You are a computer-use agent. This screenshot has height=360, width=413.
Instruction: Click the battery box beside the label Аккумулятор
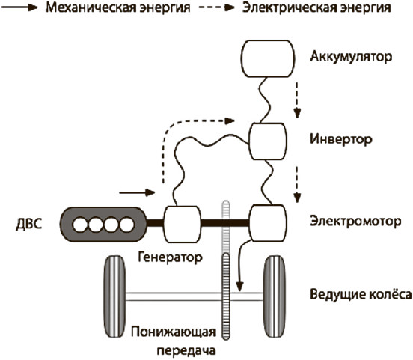point(268,58)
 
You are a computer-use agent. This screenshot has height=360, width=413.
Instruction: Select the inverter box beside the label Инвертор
point(268,141)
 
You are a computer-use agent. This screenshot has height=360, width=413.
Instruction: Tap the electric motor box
point(268,224)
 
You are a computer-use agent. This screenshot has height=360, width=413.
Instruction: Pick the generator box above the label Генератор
point(183,225)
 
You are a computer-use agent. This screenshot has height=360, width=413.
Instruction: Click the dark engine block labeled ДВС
point(103,225)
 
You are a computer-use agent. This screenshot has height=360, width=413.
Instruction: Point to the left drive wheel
point(114,296)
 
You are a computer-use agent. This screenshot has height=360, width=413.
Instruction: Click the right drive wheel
point(275,296)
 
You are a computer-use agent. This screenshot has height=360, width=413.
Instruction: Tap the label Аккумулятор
point(351,57)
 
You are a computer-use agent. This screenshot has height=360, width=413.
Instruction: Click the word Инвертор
point(341,139)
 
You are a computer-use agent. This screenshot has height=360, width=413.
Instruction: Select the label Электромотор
point(355,221)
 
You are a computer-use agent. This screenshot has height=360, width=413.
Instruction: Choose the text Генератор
point(171,257)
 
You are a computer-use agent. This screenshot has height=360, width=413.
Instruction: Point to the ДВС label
point(29,225)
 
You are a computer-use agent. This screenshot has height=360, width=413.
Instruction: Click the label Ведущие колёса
point(361,294)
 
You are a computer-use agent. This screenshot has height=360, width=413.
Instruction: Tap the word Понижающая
point(174,332)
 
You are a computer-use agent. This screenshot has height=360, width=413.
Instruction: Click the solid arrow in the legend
point(19,7)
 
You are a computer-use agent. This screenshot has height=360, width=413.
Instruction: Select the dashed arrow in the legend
point(216,7)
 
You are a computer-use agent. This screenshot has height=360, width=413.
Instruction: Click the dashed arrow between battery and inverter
point(297,100)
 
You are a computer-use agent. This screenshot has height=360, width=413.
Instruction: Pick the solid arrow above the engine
point(137,192)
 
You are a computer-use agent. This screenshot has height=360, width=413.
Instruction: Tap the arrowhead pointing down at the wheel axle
point(239,287)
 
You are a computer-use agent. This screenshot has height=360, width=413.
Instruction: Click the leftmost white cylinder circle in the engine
point(80,225)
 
